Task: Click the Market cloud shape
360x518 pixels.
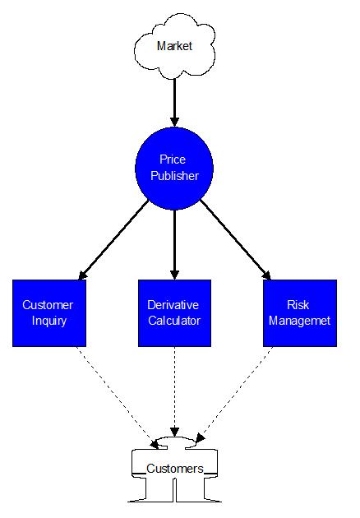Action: coord(174,46)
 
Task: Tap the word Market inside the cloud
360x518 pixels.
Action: coord(174,46)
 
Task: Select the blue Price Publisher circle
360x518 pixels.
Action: coord(174,169)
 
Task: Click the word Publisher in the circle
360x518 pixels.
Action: coord(175,176)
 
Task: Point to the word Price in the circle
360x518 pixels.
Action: coord(173,160)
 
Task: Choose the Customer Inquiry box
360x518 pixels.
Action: coord(49,313)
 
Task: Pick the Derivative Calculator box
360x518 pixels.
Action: coord(174,313)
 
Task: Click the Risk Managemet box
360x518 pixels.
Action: coord(300,313)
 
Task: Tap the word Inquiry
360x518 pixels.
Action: coord(49,321)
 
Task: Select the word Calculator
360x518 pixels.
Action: coord(174,321)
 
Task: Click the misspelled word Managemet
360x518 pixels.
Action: coord(299,321)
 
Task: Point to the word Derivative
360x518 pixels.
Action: coord(173,305)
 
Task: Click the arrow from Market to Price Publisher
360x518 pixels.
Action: coord(174,103)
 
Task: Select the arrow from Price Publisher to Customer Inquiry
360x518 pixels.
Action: coord(113,240)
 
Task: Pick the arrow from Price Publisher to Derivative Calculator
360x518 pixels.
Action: coord(174,245)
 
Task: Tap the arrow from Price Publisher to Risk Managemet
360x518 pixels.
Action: coord(236,240)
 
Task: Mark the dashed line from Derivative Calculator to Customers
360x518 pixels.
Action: coord(174,392)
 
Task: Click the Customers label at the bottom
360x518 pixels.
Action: coord(175,469)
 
